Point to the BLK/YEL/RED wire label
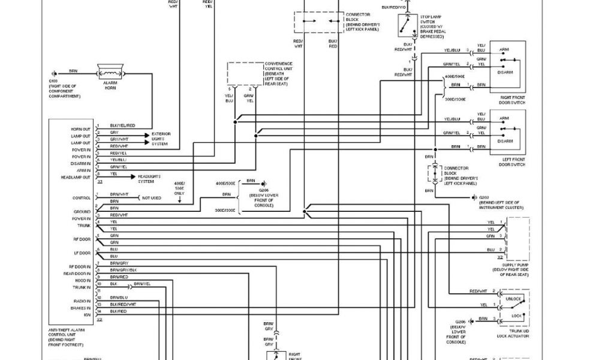tap(122, 125)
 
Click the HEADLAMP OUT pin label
tap(76, 177)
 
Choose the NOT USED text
tap(152, 197)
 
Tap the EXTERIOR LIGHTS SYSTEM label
tap(161, 139)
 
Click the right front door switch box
tap(507, 66)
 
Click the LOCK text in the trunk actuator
tap(515, 315)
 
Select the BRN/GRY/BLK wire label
tap(124, 270)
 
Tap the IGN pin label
tap(88, 313)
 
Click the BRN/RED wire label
tap(119, 277)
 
